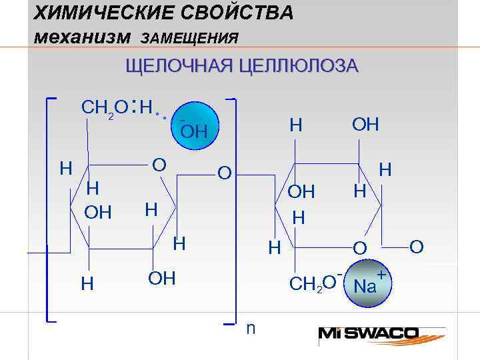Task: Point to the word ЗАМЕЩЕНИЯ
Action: click(x=190, y=39)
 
